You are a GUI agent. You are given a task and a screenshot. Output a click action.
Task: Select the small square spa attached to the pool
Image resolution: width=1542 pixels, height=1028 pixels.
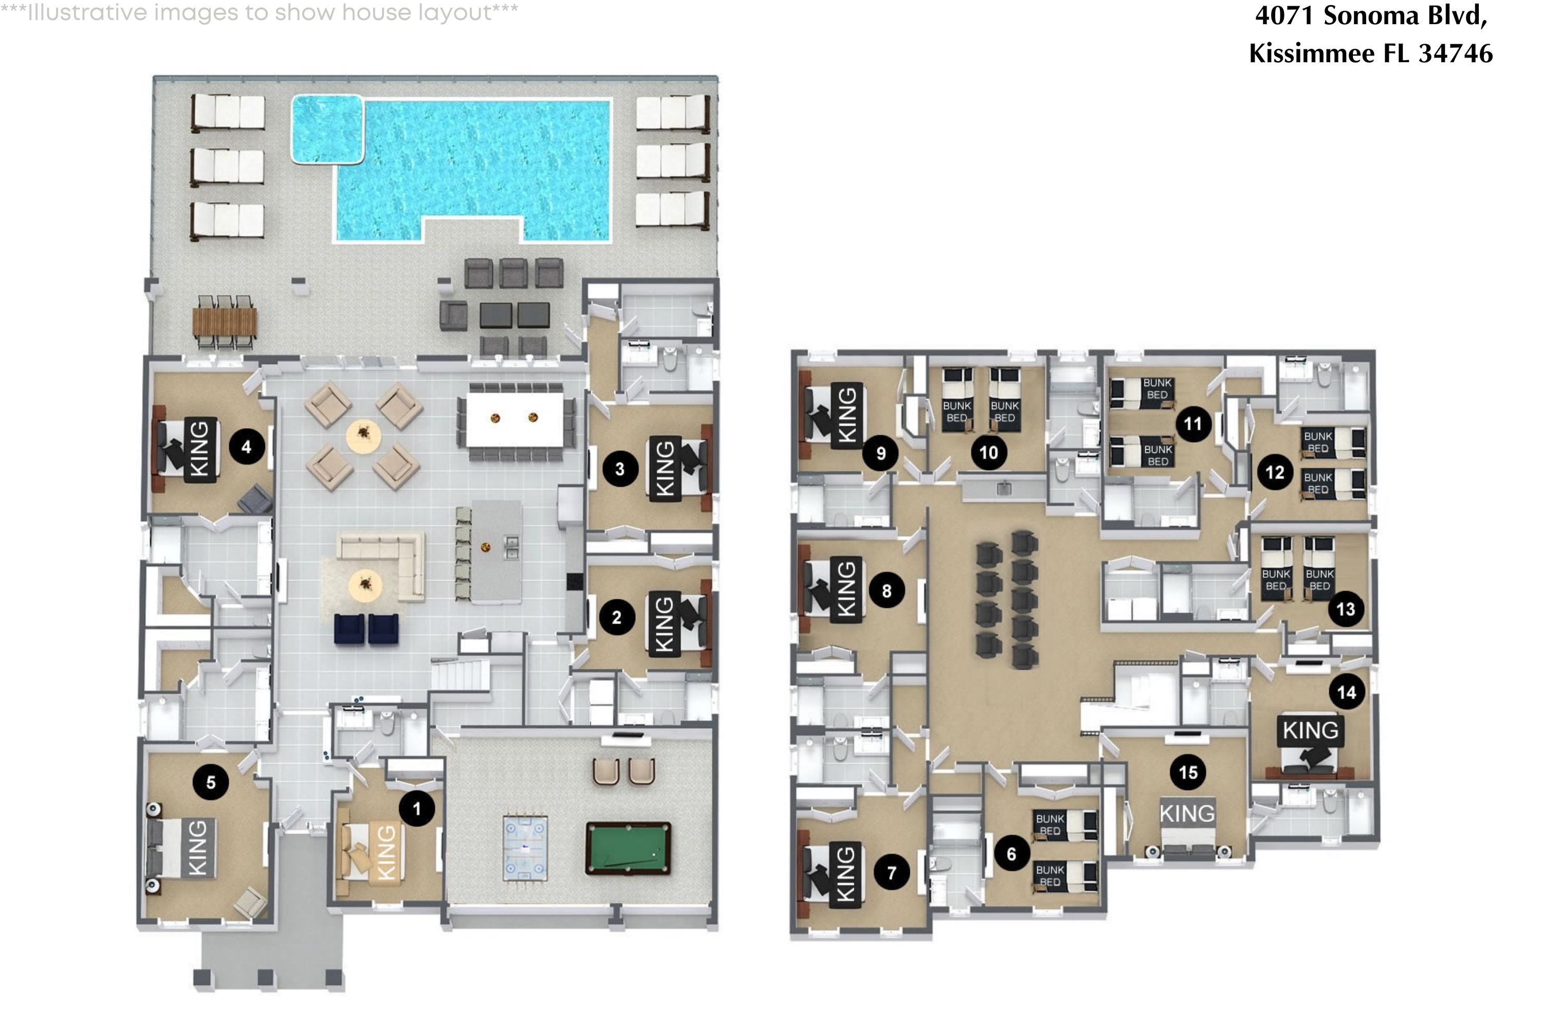326,128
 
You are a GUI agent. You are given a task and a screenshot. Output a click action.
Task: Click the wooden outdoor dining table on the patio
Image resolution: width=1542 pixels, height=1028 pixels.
225,321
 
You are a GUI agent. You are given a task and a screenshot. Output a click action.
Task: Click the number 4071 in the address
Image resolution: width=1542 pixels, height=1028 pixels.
1283,15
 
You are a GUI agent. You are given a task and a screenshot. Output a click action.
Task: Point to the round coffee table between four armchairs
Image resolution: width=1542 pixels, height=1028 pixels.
363,434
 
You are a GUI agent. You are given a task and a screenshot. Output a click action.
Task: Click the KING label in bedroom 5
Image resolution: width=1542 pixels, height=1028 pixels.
197,847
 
